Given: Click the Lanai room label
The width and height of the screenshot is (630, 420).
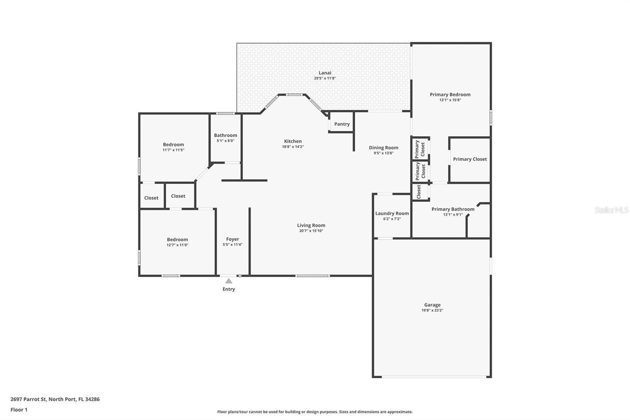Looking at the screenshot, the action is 325,73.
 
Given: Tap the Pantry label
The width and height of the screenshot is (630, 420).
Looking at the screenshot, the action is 342,124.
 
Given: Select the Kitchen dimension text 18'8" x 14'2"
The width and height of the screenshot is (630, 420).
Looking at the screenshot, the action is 293,147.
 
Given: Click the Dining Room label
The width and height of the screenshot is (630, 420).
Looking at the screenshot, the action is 384,148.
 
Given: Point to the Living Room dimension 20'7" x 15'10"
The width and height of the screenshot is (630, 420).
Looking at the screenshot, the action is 311,231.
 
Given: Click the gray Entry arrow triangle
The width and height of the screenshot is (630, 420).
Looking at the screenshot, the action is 229,281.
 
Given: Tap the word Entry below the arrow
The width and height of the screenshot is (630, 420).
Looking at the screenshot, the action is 229,289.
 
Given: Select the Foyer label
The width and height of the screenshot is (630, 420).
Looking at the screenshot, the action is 232,239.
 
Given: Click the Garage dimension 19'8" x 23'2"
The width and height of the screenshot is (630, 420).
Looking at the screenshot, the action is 432,310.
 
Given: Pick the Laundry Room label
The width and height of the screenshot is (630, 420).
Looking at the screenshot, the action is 392,214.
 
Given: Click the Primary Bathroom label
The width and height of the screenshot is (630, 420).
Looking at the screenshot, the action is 453,209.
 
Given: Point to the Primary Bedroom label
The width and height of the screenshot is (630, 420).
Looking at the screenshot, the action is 450,95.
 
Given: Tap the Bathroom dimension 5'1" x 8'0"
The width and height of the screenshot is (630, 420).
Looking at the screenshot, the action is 225,141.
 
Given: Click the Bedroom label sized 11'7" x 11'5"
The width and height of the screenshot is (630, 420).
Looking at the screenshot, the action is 173,145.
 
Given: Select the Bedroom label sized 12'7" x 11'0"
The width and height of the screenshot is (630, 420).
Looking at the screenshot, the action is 177,240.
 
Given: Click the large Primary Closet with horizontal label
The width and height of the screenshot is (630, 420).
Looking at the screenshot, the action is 470,159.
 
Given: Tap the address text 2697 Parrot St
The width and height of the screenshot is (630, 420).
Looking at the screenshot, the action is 28,399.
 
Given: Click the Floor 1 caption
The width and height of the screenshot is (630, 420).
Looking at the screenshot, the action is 19,410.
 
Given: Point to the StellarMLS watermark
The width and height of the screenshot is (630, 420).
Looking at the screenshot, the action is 611,210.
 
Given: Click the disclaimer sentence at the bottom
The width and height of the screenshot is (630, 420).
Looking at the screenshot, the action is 315,412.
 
